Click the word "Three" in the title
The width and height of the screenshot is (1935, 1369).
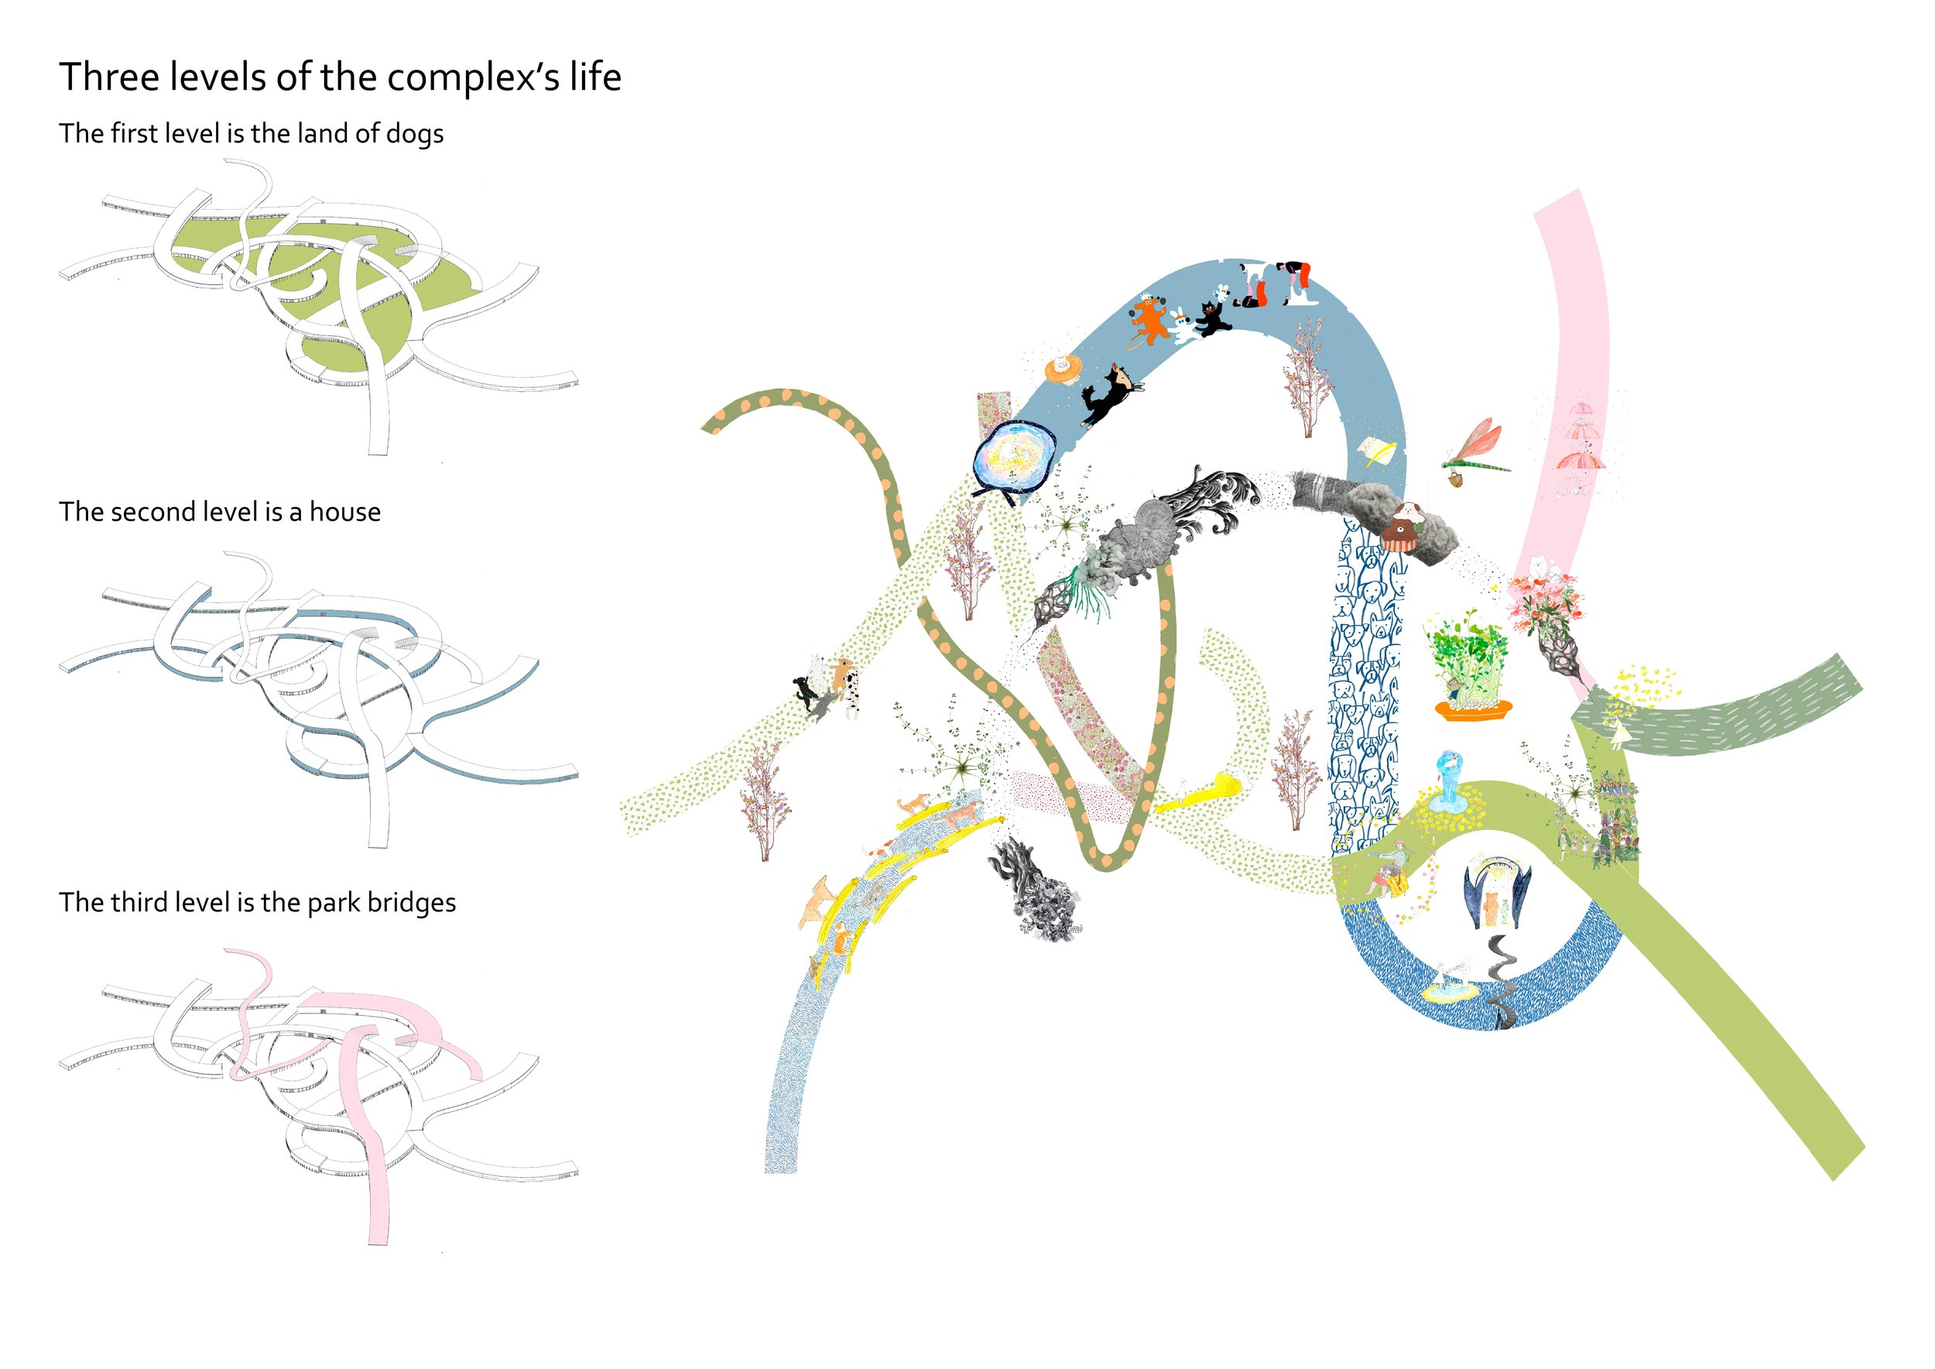[108, 77]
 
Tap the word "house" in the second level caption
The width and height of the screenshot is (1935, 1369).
[344, 513]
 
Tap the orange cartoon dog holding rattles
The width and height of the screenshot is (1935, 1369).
[1147, 321]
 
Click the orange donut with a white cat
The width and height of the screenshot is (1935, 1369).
[1063, 369]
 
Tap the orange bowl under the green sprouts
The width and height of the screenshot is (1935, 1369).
[1472, 710]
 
